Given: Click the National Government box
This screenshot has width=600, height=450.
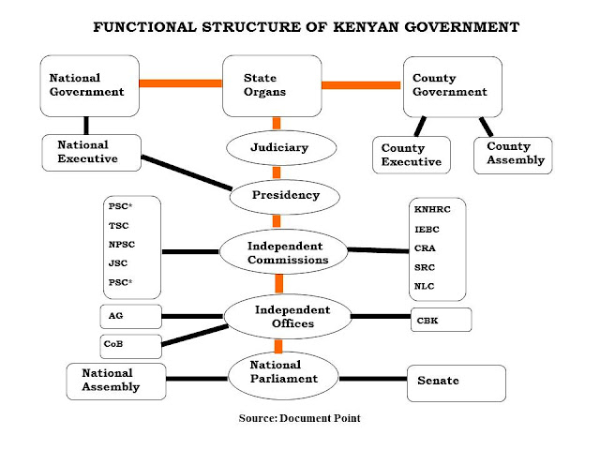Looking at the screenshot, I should [90, 85].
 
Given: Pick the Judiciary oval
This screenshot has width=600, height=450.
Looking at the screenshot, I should [278, 148].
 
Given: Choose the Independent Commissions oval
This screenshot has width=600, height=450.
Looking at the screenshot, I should [279, 251].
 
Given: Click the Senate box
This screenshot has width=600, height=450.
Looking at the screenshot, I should [456, 382].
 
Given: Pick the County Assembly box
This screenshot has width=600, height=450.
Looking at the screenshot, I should [512, 155].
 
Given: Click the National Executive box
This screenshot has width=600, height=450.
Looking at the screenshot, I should [91, 152].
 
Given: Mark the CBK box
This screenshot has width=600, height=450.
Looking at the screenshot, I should [440, 320].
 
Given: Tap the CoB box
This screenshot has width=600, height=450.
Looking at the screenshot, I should [130, 344].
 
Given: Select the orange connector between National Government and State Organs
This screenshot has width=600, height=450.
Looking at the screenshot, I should [180, 83].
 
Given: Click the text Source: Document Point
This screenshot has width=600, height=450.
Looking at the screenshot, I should [300, 418].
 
